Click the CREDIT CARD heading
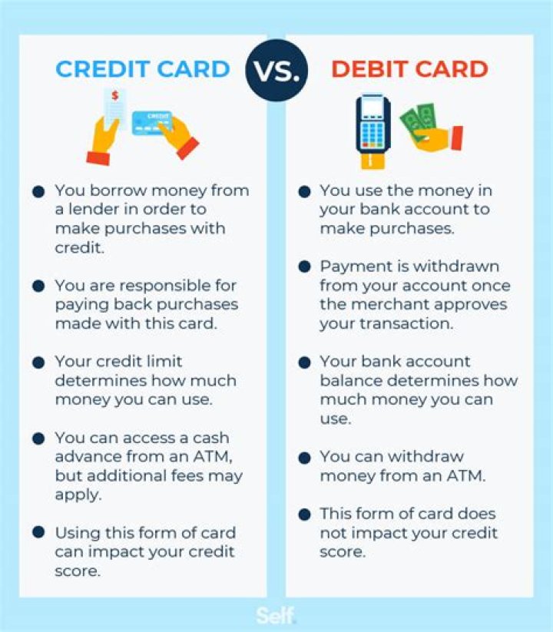tap(143, 69)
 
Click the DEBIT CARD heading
tap(409, 69)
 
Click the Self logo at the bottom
tap(276, 616)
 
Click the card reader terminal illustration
tap(374, 124)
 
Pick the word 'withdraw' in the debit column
tap(416, 457)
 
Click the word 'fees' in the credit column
tap(185, 476)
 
